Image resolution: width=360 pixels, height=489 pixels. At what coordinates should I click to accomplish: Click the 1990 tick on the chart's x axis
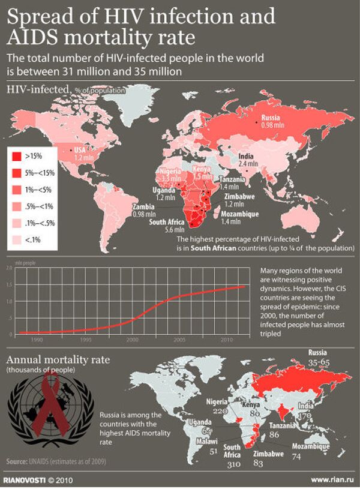point(37,340)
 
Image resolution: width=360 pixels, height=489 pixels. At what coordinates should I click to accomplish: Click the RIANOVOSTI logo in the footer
point(25,479)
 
